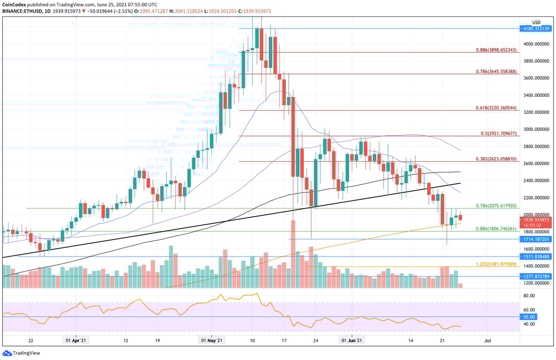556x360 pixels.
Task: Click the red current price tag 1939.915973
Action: pos(535,219)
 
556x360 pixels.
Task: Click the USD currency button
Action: pos(536,22)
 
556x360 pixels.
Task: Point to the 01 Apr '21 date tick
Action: pos(74,341)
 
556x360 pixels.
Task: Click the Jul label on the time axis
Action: pos(488,341)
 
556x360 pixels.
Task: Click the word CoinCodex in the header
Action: pos(14,4)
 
